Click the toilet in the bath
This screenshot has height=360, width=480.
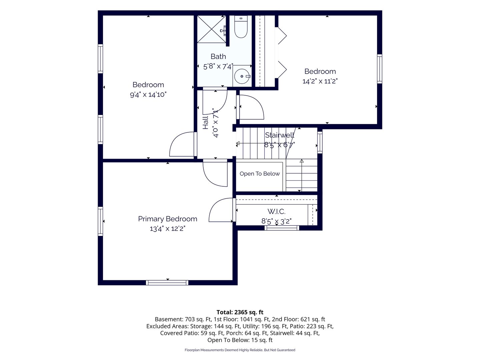[x=241, y=27]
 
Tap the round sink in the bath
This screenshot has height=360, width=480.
[x=242, y=76]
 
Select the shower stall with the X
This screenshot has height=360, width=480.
[x=212, y=29]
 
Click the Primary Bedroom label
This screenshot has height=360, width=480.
[x=168, y=219]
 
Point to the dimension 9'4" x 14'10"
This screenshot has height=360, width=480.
[x=148, y=95]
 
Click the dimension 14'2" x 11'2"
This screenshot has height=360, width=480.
[x=320, y=81]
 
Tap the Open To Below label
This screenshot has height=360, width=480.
[x=260, y=174]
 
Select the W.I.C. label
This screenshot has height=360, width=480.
[x=276, y=211]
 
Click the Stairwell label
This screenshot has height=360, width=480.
[x=279, y=135]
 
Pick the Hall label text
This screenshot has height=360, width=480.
[x=205, y=123]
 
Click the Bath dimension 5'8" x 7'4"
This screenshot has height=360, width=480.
[x=218, y=66]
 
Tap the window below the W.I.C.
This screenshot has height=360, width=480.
[x=282, y=228]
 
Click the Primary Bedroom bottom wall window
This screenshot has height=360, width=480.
[x=167, y=283]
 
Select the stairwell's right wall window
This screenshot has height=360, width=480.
[x=320, y=142]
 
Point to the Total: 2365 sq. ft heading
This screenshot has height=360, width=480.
[x=240, y=312]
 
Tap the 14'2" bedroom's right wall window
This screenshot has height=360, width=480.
[x=380, y=69]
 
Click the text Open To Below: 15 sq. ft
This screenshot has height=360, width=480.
[x=240, y=340]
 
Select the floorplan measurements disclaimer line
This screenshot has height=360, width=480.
[x=240, y=350]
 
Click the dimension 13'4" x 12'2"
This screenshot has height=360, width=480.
[x=168, y=229]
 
